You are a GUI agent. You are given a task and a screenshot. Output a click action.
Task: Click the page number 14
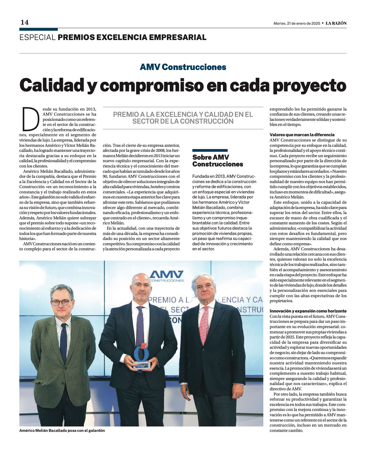click(x=25, y=22)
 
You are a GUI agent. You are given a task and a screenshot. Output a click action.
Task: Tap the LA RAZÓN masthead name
click(x=336, y=23)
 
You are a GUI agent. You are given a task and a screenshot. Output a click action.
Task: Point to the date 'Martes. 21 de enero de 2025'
click(x=297, y=23)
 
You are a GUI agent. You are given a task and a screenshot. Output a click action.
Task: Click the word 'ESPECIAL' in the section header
click(x=38, y=38)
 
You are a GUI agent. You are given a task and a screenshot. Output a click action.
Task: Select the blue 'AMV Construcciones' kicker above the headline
click(x=183, y=67)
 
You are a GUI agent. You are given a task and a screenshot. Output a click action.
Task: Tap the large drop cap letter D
click(x=31, y=119)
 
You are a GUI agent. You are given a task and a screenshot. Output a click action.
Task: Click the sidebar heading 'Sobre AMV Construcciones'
click(x=218, y=161)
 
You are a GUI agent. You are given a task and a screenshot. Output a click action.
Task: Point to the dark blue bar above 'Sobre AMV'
click(x=210, y=150)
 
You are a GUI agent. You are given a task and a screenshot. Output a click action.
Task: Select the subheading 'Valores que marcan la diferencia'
click(x=302, y=135)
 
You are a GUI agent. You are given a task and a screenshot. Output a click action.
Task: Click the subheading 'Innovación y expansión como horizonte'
click(x=308, y=311)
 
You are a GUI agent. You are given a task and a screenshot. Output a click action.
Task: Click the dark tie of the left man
click(x=63, y=342)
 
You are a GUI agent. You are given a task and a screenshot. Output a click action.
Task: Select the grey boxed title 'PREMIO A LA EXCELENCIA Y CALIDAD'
click(x=183, y=118)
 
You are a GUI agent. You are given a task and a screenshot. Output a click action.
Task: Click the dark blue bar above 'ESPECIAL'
click(x=39, y=29)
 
